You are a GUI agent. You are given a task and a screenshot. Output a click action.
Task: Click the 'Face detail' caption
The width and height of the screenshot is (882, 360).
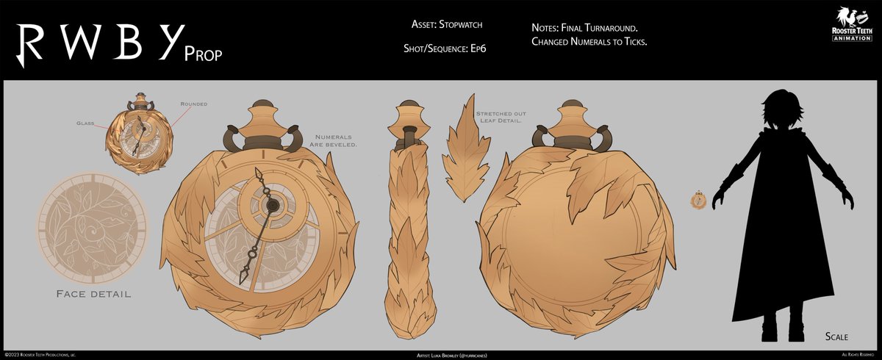pyautogui.click(x=93, y=294)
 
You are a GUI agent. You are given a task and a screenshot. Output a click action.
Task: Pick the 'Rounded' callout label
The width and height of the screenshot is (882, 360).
pyautogui.click(x=193, y=104)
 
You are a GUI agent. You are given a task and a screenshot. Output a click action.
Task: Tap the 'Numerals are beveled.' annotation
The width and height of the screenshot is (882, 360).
pyautogui.click(x=336, y=141)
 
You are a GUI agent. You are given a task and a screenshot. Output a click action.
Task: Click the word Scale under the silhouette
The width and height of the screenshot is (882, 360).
pyautogui.click(x=836, y=336)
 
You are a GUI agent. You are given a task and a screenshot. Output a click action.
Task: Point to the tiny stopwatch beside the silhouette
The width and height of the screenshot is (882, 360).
pyautogui.click(x=700, y=198)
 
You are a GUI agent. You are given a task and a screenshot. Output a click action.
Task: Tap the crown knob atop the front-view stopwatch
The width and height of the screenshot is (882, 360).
pyautogui.click(x=266, y=116)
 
